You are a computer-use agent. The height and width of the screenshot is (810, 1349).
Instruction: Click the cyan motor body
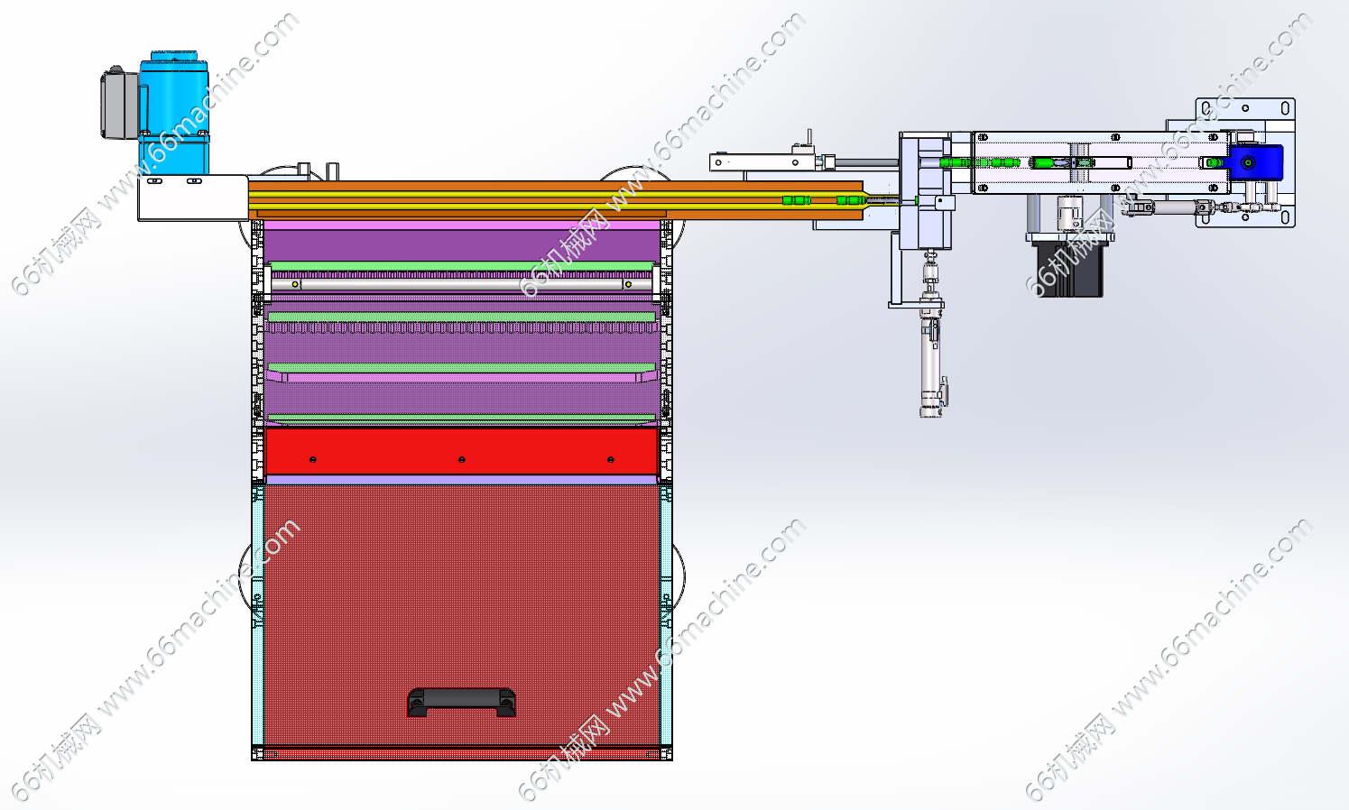tap(175, 114)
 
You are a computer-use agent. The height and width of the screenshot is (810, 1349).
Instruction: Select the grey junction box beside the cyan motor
tap(119, 104)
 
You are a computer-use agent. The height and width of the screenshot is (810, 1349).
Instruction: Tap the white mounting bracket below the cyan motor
tap(193, 198)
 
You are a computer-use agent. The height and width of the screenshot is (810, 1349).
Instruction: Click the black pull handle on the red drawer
tap(461, 702)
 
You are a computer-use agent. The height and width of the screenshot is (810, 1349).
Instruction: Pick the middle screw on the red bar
tap(461, 459)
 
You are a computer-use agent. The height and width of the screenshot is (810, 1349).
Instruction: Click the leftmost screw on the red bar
tap(312, 459)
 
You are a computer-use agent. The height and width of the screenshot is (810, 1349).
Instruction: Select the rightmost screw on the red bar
tap(611, 459)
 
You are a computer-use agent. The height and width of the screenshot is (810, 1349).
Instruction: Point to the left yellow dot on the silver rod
tap(295, 284)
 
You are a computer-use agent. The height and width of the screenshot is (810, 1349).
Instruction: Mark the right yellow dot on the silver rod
tap(628, 284)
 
